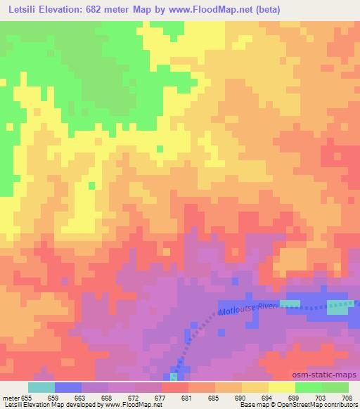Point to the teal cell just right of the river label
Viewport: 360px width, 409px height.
(289, 304)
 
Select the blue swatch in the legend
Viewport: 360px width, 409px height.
(67, 387)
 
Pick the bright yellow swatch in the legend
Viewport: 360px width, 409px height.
(281, 387)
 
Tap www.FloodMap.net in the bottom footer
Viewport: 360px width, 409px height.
(132, 405)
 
